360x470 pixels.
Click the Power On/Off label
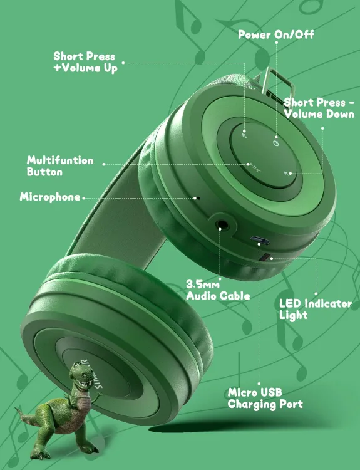click(x=275, y=34)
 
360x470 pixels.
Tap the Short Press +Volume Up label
click(x=85, y=62)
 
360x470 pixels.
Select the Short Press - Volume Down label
click(x=319, y=108)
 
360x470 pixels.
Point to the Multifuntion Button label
click(x=59, y=165)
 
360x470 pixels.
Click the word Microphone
click(x=50, y=197)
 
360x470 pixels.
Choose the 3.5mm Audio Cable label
click(x=218, y=290)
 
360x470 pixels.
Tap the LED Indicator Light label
click(x=315, y=309)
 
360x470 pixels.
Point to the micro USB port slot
click(x=258, y=240)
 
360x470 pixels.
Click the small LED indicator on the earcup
click(x=267, y=257)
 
